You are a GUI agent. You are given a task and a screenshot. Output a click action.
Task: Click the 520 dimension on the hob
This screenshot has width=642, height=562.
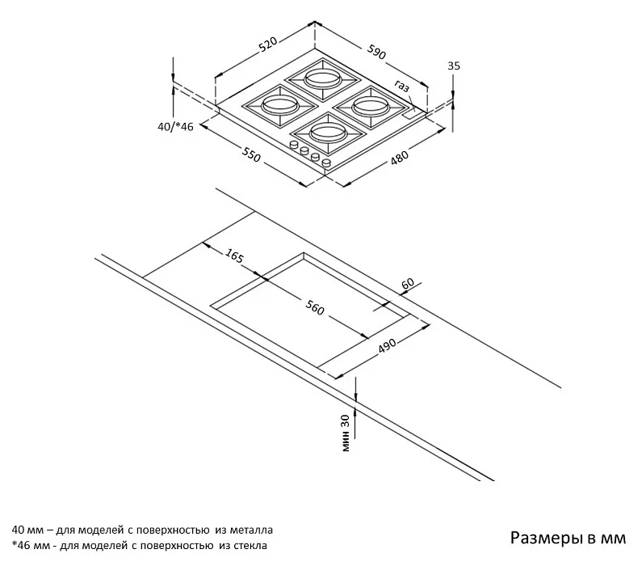(x=268, y=44)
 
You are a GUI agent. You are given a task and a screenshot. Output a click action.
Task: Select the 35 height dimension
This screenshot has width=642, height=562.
(x=453, y=66)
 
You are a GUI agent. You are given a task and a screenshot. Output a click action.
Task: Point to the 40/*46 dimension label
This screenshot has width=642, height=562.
(x=175, y=126)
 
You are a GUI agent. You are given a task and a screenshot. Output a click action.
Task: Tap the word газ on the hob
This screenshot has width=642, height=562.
(x=402, y=87)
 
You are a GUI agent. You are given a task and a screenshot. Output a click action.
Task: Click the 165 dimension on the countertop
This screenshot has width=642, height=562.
(x=234, y=257)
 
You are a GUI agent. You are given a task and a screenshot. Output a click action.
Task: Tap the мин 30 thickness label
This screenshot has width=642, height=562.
(x=345, y=433)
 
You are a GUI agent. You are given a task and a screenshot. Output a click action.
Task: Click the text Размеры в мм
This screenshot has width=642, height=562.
(x=568, y=537)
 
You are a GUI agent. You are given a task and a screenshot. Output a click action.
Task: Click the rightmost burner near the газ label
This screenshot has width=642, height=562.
(x=371, y=104)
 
